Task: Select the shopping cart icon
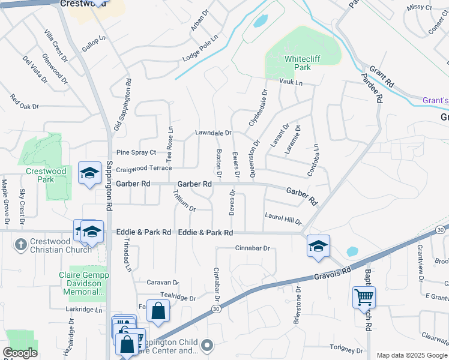(364, 297)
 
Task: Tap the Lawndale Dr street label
(213, 133)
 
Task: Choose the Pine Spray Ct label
(136, 152)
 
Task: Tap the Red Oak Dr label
(24, 102)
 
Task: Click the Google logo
(20, 353)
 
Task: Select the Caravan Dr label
(163, 282)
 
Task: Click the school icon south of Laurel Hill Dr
(318, 246)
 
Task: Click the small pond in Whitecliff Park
(260, 22)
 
